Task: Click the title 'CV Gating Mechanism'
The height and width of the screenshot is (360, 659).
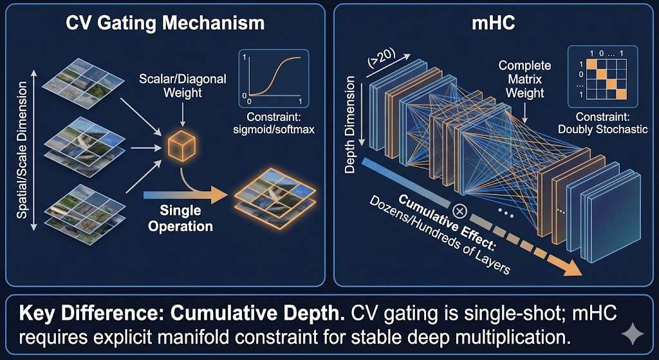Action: pos(166,23)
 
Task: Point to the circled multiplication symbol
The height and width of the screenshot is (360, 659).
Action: pos(459,211)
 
